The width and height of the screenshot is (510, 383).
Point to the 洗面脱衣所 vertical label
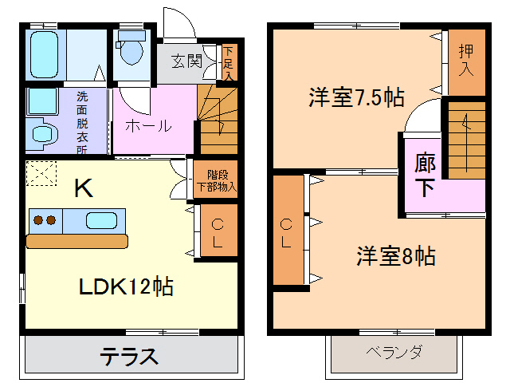(x=82, y=120)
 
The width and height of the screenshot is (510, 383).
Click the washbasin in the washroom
(x=41, y=132)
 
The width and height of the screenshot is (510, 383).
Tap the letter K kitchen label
(x=83, y=188)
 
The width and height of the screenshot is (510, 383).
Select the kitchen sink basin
(x=103, y=219)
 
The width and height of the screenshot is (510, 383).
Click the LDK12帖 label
(x=125, y=286)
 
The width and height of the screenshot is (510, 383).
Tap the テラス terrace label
(x=129, y=356)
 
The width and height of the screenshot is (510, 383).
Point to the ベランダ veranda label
(x=394, y=352)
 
